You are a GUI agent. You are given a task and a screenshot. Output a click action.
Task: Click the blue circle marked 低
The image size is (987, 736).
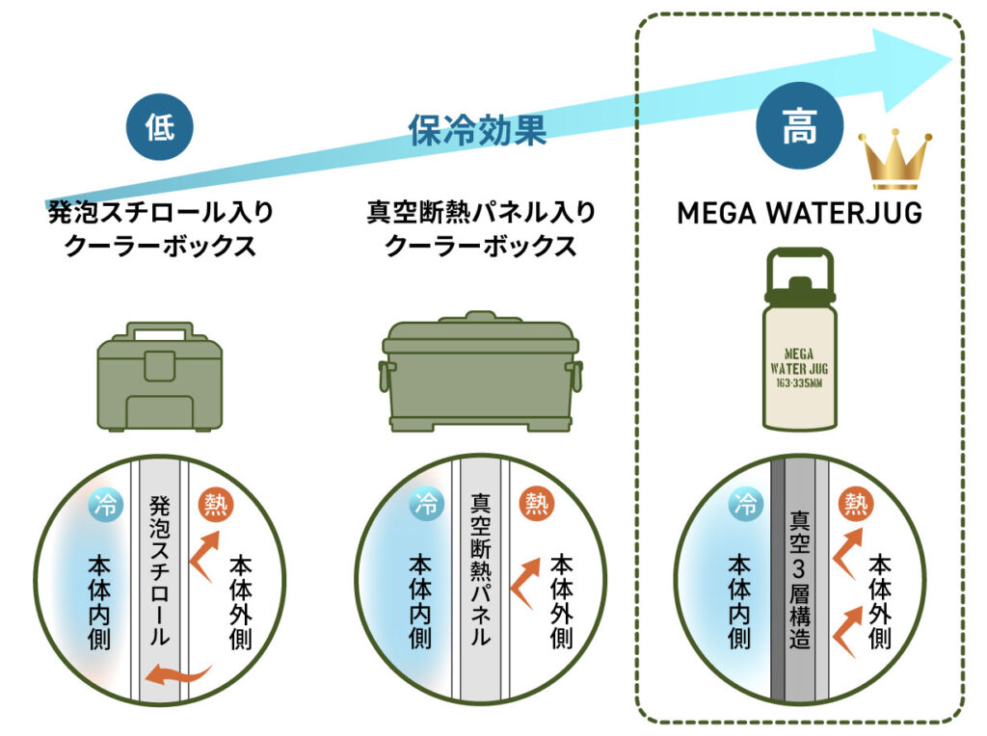point(160,127)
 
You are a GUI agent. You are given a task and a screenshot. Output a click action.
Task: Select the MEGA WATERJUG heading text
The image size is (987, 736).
point(799,212)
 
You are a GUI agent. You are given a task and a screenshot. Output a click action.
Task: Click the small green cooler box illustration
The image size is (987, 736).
point(160,376)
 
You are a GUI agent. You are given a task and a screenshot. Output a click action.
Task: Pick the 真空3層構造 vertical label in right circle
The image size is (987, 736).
point(799,578)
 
